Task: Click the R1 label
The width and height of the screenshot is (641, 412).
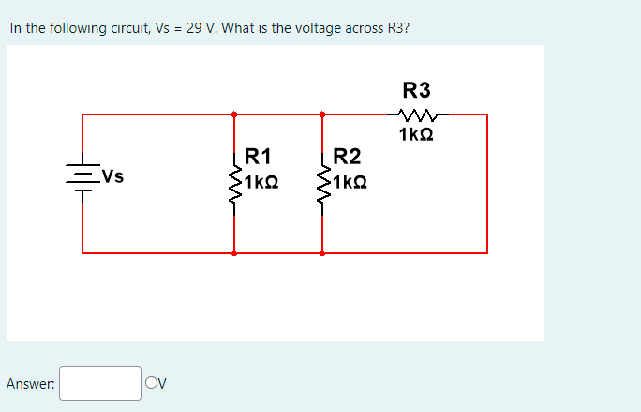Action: coord(257,156)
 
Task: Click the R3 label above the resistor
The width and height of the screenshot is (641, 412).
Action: coord(416,90)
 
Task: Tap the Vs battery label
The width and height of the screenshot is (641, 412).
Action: coord(112,175)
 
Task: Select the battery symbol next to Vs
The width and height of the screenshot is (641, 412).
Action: coord(82,176)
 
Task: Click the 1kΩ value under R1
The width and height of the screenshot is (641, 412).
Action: coord(261,180)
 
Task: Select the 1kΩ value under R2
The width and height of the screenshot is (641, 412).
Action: coord(349,180)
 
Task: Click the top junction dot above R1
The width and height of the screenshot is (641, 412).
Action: coord(234,114)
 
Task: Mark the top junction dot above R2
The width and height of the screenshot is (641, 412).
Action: coord(322,114)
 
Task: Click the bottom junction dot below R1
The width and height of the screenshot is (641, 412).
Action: coord(234,252)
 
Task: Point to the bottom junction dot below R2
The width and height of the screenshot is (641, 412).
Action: coord(322,252)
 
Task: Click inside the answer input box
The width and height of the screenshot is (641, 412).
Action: coord(100,383)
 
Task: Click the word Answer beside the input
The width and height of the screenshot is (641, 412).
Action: coord(30,383)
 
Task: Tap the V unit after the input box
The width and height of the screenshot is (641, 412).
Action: coord(160,383)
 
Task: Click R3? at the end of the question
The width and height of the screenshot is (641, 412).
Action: coord(396,28)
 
